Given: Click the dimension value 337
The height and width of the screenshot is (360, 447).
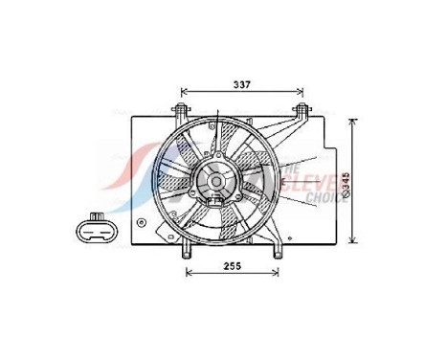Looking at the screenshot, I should (243, 85).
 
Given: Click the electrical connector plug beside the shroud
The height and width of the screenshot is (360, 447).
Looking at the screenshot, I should (96, 228).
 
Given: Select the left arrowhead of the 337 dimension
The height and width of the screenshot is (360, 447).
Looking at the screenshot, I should (184, 93).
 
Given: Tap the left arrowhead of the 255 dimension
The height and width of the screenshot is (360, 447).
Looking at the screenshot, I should (189, 273).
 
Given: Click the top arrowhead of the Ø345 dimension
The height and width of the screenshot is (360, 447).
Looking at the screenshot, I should (354, 122).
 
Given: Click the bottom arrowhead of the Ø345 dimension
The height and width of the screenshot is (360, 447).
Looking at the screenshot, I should (354, 240).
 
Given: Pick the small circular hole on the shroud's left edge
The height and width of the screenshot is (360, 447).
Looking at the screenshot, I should (143, 222).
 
